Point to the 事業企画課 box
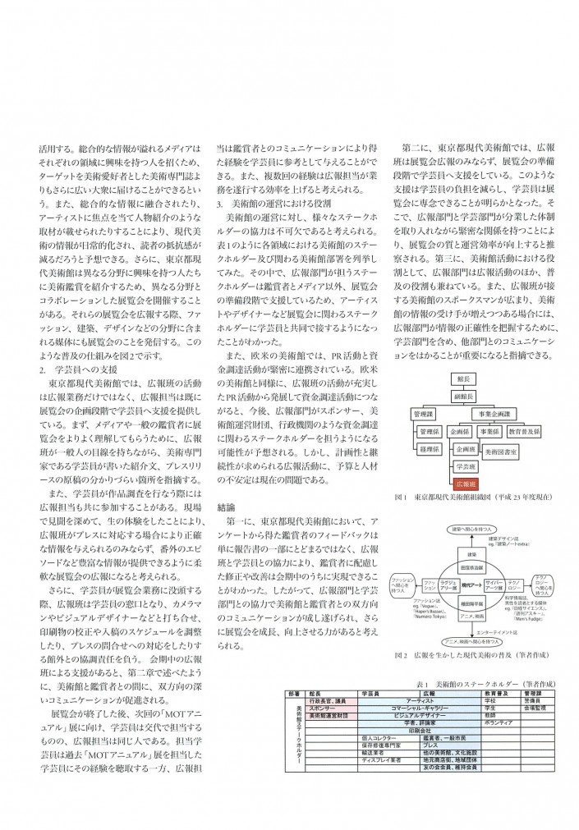click(x=494, y=415)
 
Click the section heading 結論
click(x=227, y=507)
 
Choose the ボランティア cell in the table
click(x=495, y=722)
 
